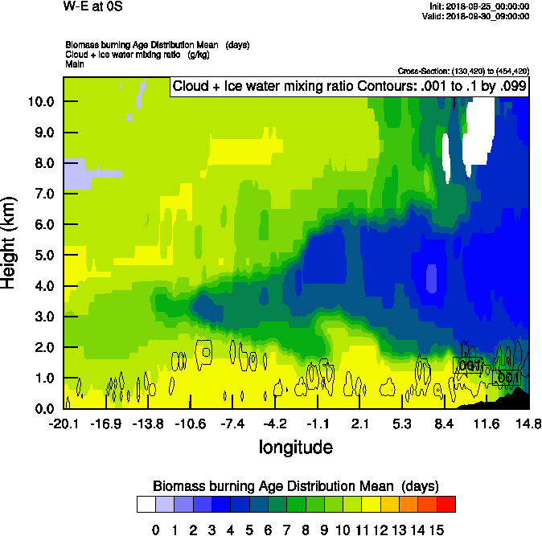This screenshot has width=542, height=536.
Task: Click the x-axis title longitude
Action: (295, 446)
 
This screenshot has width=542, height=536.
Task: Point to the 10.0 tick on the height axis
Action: (39, 101)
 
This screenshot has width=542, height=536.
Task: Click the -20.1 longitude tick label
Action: (64, 423)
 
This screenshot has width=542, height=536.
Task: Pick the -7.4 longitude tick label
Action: (232, 423)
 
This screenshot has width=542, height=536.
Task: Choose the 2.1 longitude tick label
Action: (360, 423)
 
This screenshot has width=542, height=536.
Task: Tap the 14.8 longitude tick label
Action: (528, 423)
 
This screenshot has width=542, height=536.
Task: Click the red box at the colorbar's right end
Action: (446, 504)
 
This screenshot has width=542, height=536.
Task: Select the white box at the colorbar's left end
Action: (146, 504)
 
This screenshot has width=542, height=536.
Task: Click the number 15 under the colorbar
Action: (437, 530)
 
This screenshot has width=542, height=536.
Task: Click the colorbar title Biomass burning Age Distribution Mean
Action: (295, 485)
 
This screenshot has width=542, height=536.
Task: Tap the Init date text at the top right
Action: (480, 6)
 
